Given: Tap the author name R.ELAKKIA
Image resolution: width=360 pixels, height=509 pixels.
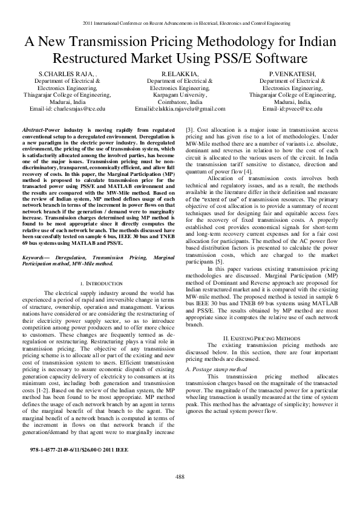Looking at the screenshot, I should click(x=180, y=74).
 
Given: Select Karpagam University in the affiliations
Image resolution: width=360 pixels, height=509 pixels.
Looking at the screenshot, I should click(x=180, y=95).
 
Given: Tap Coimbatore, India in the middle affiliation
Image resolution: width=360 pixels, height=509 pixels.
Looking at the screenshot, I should click(x=180, y=102).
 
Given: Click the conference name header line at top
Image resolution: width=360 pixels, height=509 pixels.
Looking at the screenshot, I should click(x=180, y=24).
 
